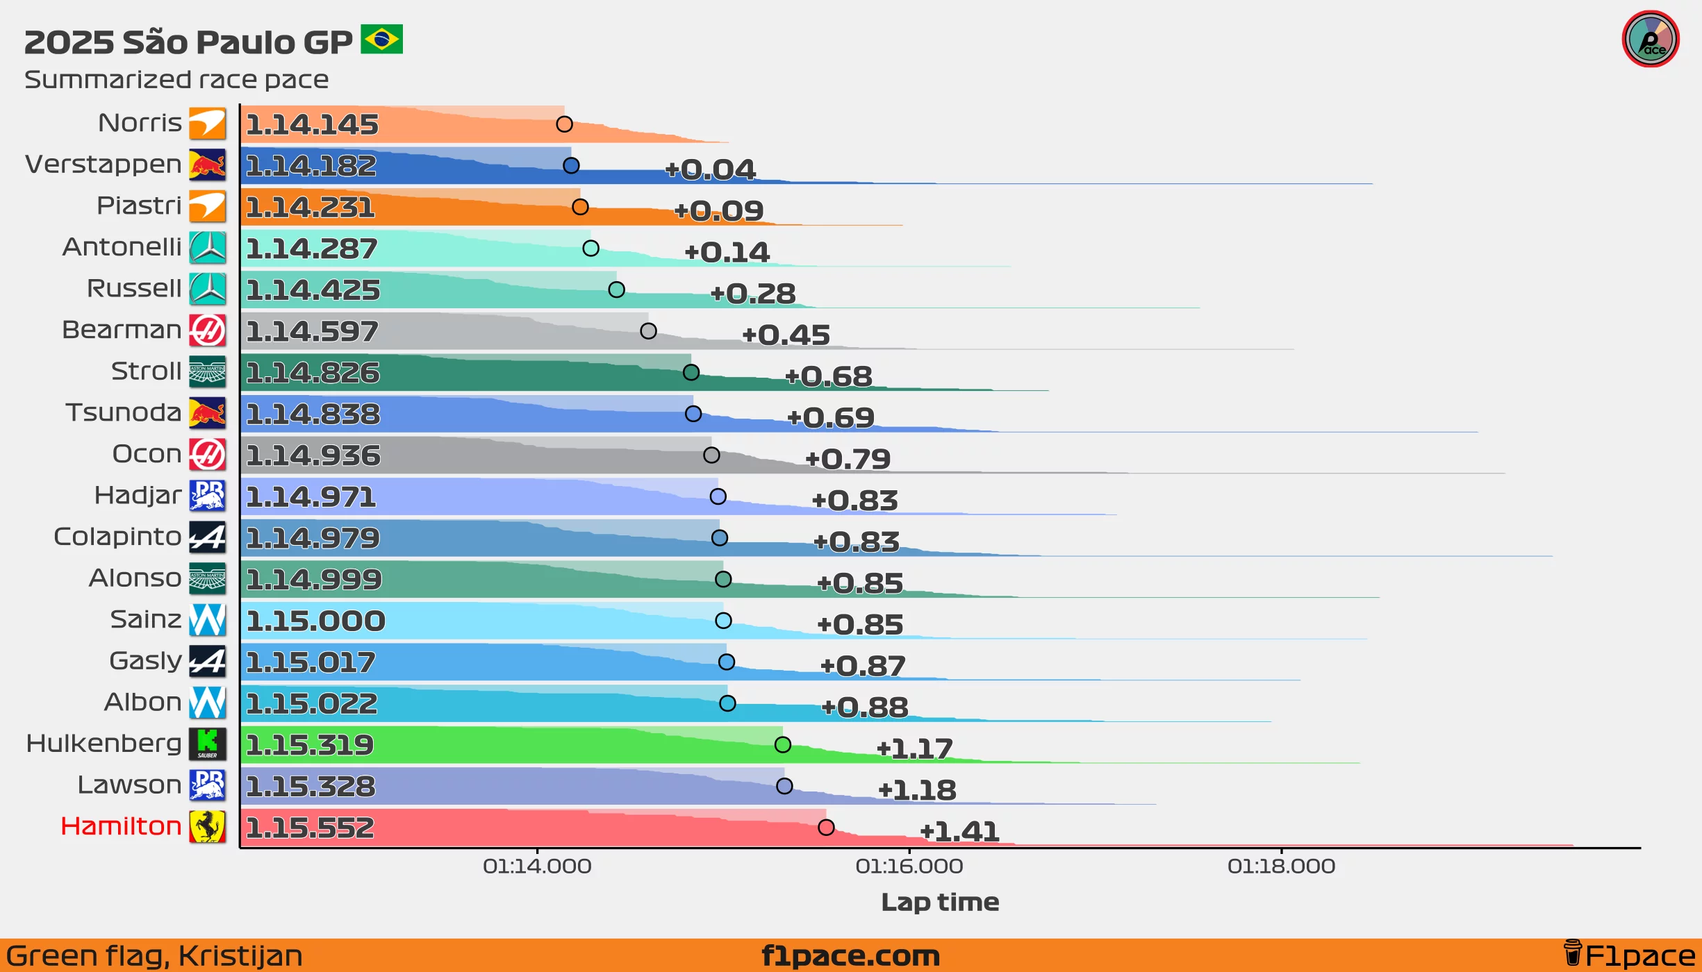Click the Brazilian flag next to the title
tap(381, 40)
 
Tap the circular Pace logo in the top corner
tap(1650, 40)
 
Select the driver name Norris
tap(140, 123)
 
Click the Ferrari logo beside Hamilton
tap(208, 826)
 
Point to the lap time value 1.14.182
tap(311, 166)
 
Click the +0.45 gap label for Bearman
tap(786, 335)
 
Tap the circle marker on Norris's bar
tap(564, 124)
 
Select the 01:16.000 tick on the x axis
tap(909, 866)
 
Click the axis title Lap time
tap(940, 902)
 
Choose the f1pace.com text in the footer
tap(850, 956)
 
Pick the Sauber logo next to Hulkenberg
tap(208, 744)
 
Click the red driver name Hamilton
tap(121, 826)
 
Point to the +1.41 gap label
tap(959, 831)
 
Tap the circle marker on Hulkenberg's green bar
tap(782, 744)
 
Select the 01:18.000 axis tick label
tap(1281, 866)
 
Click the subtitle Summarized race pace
tap(176, 80)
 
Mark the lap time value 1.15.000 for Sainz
tap(315, 621)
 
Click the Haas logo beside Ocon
tap(208, 454)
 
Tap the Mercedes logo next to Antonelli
tap(208, 247)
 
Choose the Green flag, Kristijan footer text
tap(154, 956)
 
